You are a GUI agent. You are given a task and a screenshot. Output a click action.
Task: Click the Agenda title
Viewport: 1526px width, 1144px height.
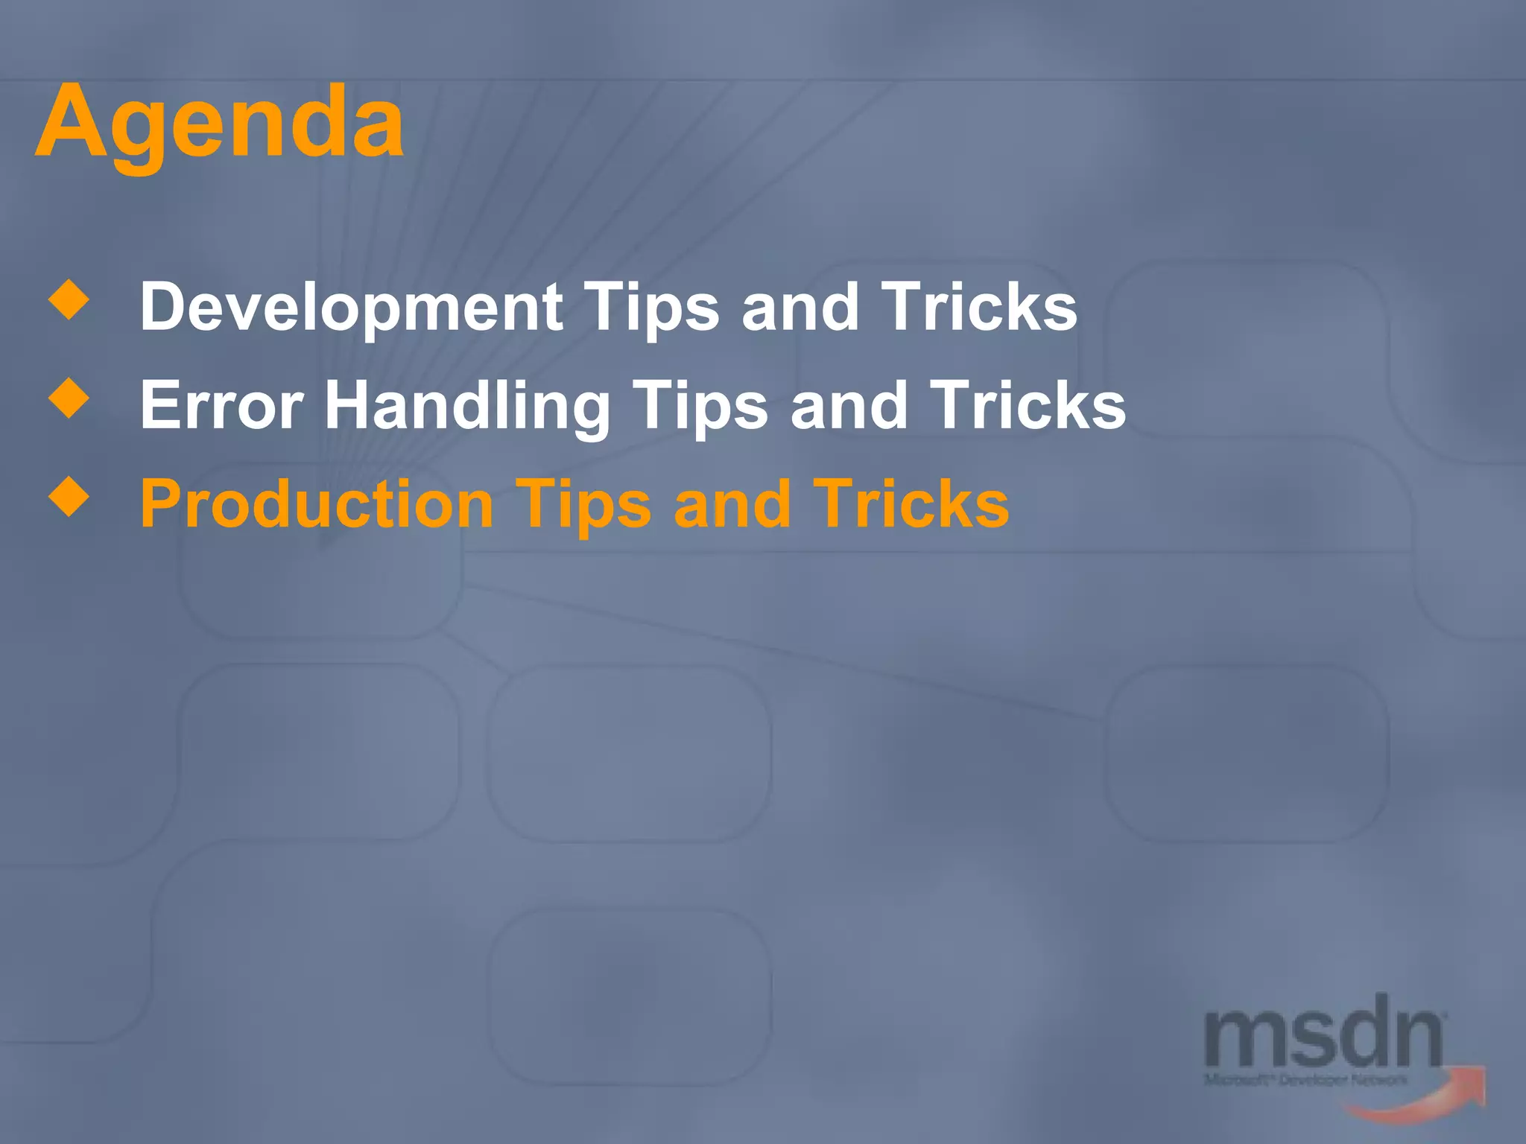(x=219, y=123)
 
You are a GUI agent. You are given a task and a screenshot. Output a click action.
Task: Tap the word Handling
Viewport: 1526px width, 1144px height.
(x=467, y=406)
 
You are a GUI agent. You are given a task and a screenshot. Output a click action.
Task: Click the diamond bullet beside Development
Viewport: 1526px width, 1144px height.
(x=69, y=299)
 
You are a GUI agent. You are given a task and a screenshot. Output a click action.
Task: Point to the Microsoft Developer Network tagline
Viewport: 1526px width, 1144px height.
(x=1305, y=1080)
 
